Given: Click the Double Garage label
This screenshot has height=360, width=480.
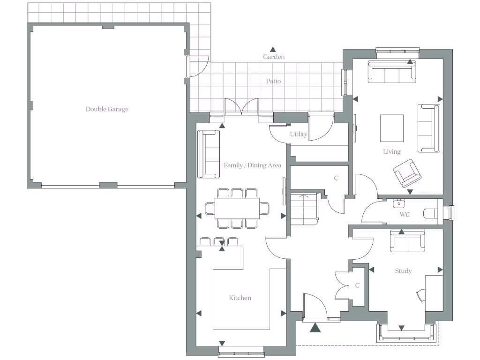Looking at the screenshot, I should [107, 109].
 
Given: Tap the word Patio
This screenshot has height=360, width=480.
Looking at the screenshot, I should [273, 81].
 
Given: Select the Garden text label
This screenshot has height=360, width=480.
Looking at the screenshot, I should [273, 57].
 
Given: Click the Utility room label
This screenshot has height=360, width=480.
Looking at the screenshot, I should [298, 135].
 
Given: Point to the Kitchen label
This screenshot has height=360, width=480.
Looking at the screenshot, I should [240, 298].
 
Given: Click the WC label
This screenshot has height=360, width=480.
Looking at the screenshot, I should [405, 215].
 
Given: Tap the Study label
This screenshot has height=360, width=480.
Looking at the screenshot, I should [403, 271].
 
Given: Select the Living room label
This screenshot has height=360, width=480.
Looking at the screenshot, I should [391, 151].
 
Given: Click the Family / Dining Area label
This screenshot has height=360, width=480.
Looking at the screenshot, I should [252, 165].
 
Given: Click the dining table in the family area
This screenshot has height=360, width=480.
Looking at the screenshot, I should [237, 208].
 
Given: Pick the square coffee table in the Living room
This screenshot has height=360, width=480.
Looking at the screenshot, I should [391, 128].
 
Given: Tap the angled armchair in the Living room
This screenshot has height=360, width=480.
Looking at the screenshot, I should [406, 172].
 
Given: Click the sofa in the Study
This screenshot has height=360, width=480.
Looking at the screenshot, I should [407, 241].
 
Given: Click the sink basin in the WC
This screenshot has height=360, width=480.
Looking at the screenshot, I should [399, 203].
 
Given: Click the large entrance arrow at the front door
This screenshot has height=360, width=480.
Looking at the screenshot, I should [315, 328].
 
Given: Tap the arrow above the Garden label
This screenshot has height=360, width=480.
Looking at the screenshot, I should [273, 49].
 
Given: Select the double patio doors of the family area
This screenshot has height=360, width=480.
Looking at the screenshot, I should [241, 108].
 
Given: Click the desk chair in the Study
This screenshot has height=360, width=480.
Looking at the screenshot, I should [420, 295].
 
